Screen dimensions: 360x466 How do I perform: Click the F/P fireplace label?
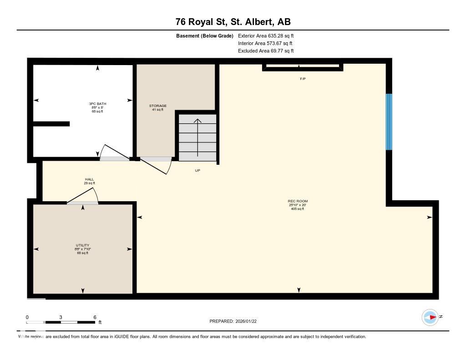tap(303, 79)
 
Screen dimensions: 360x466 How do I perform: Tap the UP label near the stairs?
tap(198, 171)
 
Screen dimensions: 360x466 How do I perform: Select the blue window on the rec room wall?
tap(389, 122)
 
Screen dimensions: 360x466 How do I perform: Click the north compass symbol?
tap(430, 317)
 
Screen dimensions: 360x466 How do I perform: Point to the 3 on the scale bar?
tap(61, 317)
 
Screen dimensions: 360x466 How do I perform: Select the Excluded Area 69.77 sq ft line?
tap(266, 51)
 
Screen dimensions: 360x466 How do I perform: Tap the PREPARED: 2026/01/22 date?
tap(236, 321)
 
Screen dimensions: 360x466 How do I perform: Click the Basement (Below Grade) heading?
tap(205, 35)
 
